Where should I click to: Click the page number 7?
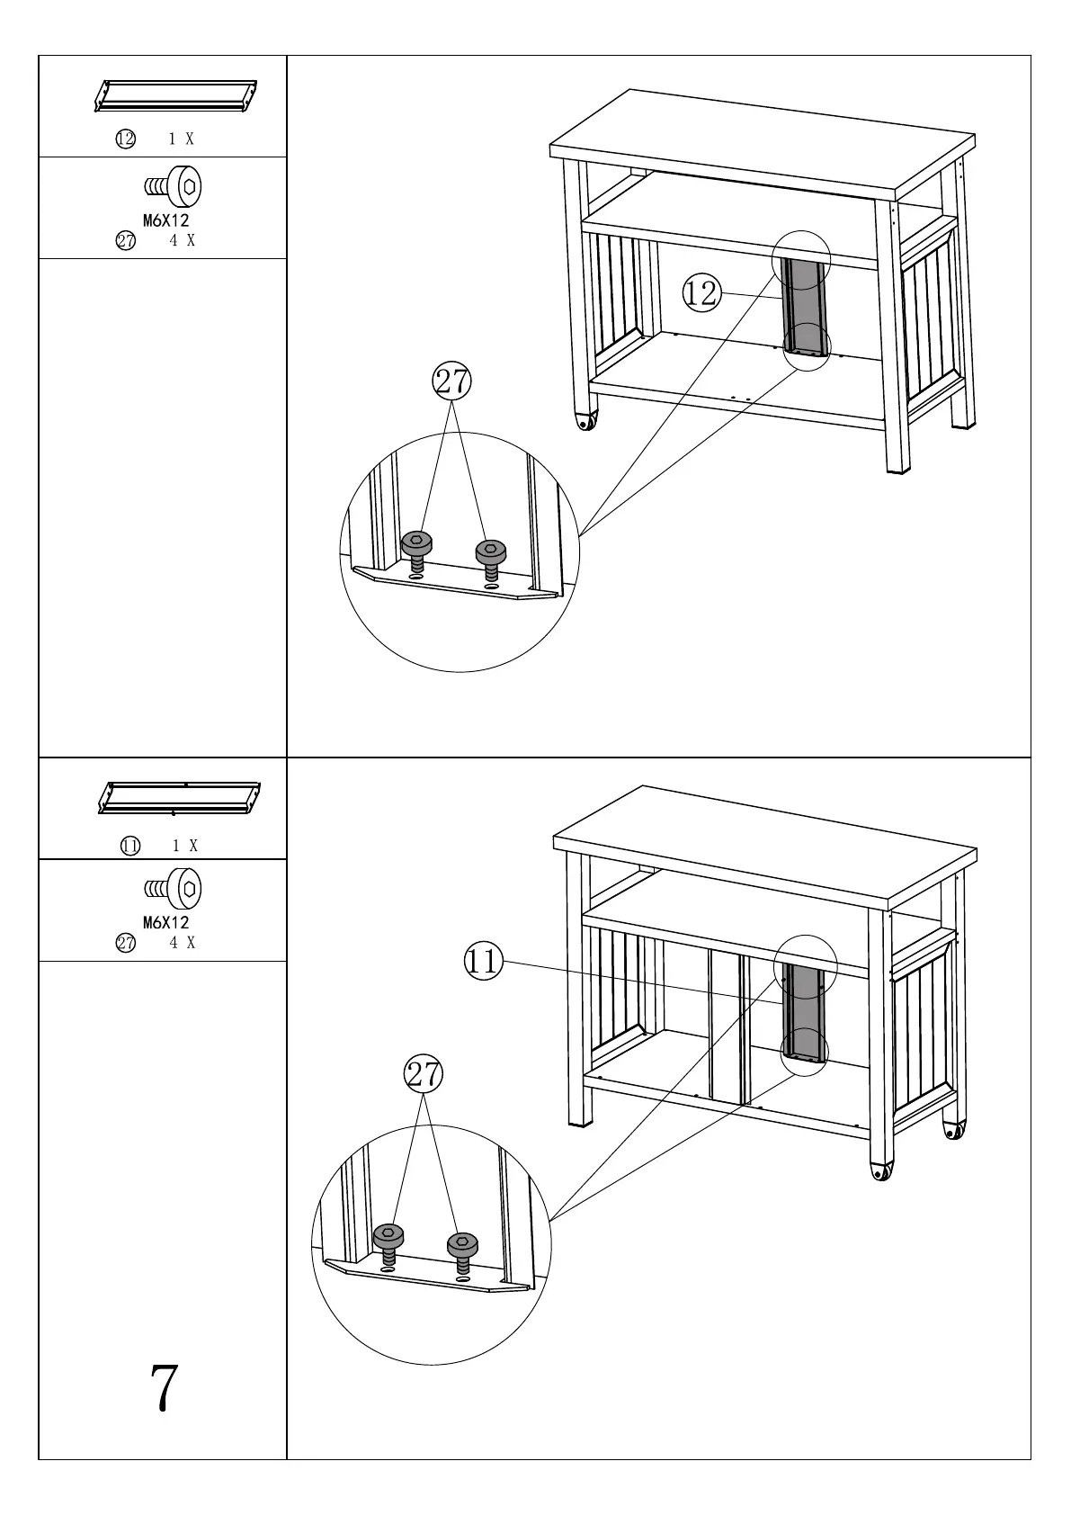point(164,1388)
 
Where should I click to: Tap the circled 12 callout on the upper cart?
point(701,293)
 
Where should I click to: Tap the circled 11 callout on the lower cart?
point(483,962)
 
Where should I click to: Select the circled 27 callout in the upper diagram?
point(451,381)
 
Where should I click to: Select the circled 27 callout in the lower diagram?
point(424,1074)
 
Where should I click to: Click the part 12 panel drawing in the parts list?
point(176,96)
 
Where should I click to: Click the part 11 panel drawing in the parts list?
point(179,798)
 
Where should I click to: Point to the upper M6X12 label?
point(166,220)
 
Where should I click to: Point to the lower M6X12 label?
point(166,922)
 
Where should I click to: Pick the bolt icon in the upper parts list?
point(174,187)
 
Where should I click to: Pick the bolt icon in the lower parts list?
point(174,889)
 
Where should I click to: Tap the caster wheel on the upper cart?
point(586,421)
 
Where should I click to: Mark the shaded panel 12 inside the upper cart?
point(804,306)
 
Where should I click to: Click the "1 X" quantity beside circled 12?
point(182,139)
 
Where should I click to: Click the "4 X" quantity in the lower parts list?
point(183,943)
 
